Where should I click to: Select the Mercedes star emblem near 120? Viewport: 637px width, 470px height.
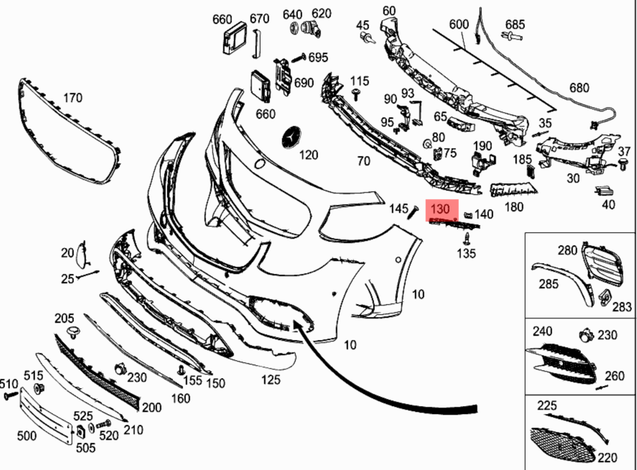point(292,139)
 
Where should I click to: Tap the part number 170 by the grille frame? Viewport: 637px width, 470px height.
point(73,98)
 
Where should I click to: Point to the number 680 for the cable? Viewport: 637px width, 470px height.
point(579,88)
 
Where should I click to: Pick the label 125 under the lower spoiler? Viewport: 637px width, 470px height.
point(271,380)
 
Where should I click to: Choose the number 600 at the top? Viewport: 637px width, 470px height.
point(459,24)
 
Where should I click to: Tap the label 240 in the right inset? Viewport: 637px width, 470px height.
point(542,331)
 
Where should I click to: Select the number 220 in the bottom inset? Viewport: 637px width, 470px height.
point(607,457)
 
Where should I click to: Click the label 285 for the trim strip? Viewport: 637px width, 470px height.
point(549,284)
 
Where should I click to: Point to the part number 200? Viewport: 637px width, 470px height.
point(152,407)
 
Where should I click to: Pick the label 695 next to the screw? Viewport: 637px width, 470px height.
point(318,57)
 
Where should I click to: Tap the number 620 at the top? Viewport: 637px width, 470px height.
point(322,14)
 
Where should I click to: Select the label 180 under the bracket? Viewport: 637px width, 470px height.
point(514,207)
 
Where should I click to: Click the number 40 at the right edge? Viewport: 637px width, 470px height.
point(608,204)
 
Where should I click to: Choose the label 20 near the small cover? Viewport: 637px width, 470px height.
point(67,252)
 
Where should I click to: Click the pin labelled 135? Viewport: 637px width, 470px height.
point(468,237)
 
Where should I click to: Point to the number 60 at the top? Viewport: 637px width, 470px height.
point(389,10)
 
